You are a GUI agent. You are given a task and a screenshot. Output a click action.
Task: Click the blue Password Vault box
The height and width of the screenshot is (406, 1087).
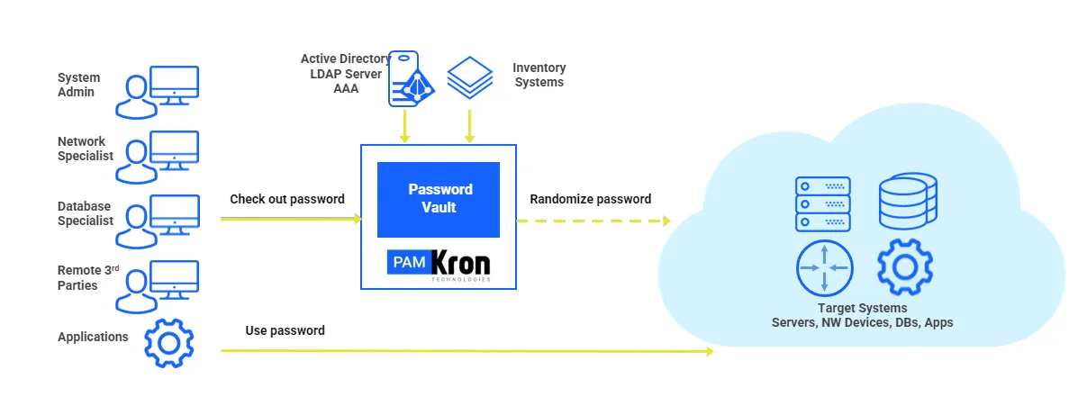click(439, 199)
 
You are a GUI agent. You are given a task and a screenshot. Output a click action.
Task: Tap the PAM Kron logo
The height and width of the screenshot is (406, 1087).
click(439, 265)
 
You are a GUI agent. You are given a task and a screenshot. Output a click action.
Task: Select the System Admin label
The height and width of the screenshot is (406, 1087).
click(78, 85)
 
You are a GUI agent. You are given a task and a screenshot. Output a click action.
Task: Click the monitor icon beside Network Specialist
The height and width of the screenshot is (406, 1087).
click(174, 149)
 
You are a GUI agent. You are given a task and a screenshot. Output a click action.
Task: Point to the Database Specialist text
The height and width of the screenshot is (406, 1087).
click(85, 213)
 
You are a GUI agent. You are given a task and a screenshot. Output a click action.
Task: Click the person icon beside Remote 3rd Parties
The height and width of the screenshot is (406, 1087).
click(136, 292)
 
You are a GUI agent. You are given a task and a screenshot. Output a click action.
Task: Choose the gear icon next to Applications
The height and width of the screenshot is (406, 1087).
click(169, 343)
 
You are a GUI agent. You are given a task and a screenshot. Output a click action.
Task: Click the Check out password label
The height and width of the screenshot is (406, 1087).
click(287, 199)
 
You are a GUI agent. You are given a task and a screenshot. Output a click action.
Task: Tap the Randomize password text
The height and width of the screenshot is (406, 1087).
click(590, 199)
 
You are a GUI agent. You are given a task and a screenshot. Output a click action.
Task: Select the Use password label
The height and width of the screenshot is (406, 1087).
click(285, 330)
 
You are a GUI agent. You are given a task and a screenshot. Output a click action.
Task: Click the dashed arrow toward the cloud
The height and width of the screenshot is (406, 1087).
click(593, 221)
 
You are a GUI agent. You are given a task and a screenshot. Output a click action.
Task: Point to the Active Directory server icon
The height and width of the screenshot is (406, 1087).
click(411, 78)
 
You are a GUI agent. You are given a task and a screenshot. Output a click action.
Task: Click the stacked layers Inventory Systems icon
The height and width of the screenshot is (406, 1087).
click(470, 77)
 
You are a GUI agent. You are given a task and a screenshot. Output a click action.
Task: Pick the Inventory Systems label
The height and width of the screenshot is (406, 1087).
click(539, 75)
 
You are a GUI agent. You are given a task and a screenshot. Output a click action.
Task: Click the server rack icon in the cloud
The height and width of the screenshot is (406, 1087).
click(823, 203)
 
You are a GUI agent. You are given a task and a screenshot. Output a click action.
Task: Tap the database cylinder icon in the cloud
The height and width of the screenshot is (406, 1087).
click(908, 201)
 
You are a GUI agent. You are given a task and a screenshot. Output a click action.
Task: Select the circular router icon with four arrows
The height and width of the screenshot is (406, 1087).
click(824, 267)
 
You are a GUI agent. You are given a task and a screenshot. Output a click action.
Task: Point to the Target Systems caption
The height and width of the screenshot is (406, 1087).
click(863, 315)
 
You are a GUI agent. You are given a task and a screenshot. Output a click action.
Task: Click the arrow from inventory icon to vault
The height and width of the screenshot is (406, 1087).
click(469, 126)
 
